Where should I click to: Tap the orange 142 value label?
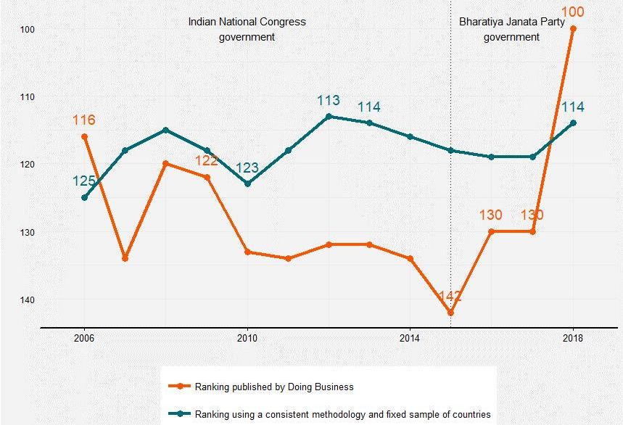pyautogui.click(x=450, y=297)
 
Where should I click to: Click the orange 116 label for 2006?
pyautogui.click(x=83, y=120)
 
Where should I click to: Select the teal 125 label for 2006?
pyautogui.click(x=84, y=181)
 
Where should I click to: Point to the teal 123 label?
pyautogui.click(x=247, y=168)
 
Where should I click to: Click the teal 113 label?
pyautogui.click(x=329, y=101)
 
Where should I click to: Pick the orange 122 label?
pyautogui.click(x=207, y=161)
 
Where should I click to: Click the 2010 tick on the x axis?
pyautogui.click(x=247, y=338)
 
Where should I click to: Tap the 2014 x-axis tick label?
pyautogui.click(x=410, y=338)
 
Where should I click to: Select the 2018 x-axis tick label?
pyautogui.click(x=573, y=338)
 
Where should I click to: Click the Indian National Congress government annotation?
pyautogui.click(x=247, y=29)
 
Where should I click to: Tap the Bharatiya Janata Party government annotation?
pyautogui.click(x=511, y=29)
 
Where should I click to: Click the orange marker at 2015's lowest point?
pyautogui.click(x=450, y=313)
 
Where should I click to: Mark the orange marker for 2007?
pyautogui.click(x=125, y=258)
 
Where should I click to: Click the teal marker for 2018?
pyautogui.click(x=573, y=123)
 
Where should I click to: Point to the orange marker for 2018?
pyautogui.click(x=573, y=29)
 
